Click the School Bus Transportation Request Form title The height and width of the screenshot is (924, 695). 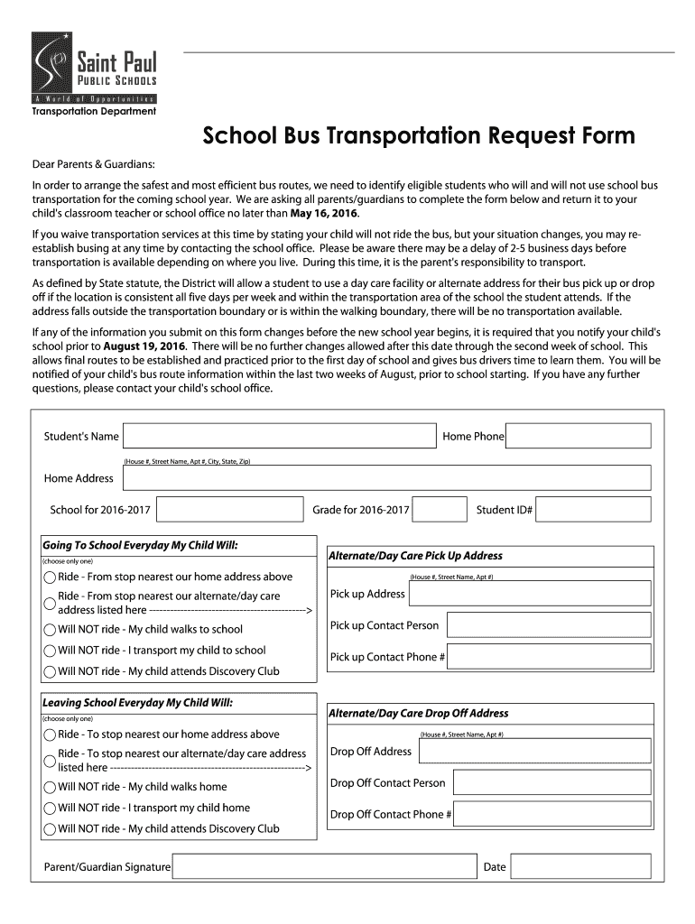coord(418,136)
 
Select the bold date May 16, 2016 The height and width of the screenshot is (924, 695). coord(324,214)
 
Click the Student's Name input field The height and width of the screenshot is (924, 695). coord(279,436)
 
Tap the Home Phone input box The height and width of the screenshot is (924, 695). coord(578,436)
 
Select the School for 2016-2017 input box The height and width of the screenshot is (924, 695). coord(229,510)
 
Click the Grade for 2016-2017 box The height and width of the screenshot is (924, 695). coord(441,510)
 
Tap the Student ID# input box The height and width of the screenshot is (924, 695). coord(594,510)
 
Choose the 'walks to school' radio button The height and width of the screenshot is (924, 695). coord(50,630)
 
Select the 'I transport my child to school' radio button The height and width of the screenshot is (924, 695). coord(50,651)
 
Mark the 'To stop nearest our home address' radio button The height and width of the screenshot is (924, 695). coord(50,735)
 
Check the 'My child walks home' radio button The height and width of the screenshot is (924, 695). coord(50,787)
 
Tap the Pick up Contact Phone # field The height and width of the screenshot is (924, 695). coord(550,656)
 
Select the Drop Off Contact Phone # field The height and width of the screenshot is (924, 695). coord(551,814)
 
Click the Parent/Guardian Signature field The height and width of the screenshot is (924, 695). coord(323,867)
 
